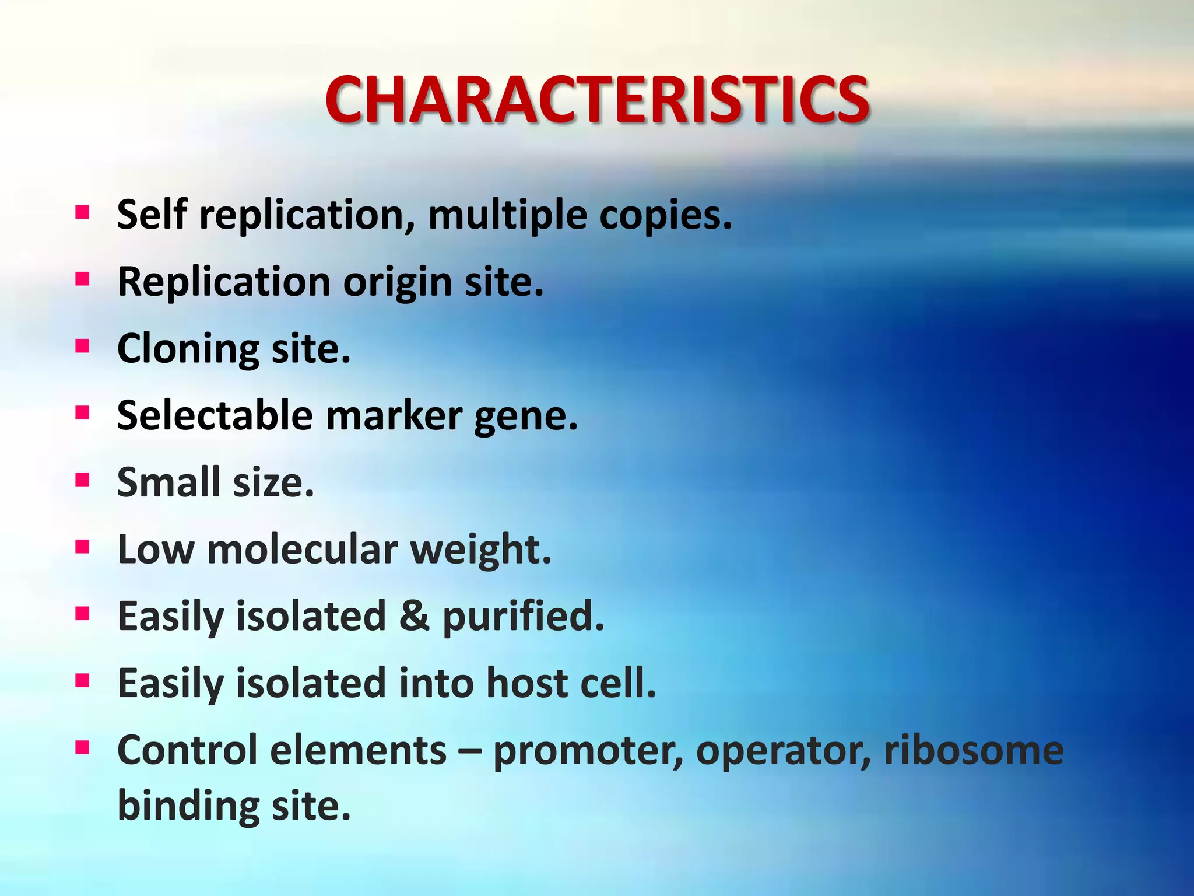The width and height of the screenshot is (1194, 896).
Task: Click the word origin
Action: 397,283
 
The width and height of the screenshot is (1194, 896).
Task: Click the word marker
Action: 394,416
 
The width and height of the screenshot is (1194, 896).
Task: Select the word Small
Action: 168,482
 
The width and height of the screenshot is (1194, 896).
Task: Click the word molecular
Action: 303,549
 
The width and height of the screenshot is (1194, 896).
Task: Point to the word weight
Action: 480,551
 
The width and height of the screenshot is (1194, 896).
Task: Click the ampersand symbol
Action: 414,617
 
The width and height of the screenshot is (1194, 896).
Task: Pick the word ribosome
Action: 974,750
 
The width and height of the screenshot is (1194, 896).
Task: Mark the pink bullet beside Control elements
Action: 82,747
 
